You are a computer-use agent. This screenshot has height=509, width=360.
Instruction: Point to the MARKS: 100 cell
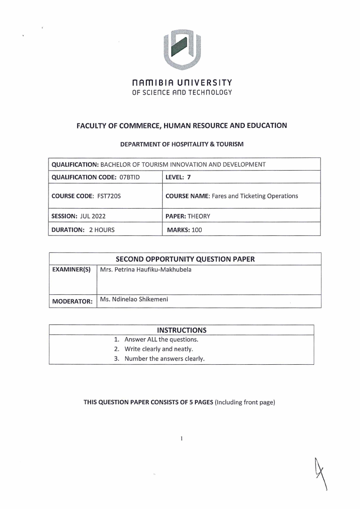point(185,230)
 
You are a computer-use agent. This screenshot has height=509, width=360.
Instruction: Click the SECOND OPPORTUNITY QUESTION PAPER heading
point(185,259)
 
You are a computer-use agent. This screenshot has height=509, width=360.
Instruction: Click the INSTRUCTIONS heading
point(181,330)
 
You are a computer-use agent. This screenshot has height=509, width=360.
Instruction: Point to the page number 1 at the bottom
point(181,439)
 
